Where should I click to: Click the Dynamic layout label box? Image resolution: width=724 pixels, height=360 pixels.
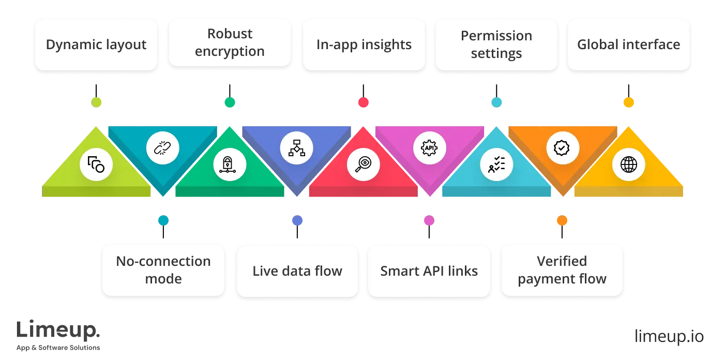pyautogui.click(x=96, y=44)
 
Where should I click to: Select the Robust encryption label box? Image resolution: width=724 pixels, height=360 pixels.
pyautogui.click(x=230, y=42)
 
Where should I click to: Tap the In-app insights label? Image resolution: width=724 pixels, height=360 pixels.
pyautogui.click(x=364, y=44)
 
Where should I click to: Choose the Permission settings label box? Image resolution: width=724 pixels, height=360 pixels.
pyautogui.click(x=496, y=44)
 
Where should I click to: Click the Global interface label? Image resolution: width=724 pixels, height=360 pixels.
pyautogui.click(x=628, y=44)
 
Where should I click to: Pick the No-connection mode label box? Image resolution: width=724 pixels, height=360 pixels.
pyautogui.click(x=163, y=270)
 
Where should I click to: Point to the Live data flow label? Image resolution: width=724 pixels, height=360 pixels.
pyautogui.click(x=297, y=271)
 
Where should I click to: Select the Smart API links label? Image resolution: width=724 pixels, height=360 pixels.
pyautogui.click(x=429, y=271)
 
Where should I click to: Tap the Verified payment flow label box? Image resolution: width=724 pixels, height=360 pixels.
pyautogui.click(x=562, y=270)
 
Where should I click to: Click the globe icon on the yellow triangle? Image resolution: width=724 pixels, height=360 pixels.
pyautogui.click(x=628, y=164)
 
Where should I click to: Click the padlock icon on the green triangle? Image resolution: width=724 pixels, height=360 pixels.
pyautogui.click(x=230, y=164)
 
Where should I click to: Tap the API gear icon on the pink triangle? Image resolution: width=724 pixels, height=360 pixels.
pyautogui.click(x=430, y=148)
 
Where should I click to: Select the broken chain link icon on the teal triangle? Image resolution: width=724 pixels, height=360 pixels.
pyautogui.click(x=163, y=148)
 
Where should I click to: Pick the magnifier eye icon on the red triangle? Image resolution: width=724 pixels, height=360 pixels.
pyautogui.click(x=364, y=164)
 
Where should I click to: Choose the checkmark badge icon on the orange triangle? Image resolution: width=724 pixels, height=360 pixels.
pyautogui.click(x=562, y=148)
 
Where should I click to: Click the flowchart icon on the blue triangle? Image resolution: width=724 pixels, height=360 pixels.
pyautogui.click(x=296, y=148)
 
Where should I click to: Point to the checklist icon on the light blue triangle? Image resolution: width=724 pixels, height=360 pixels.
pyautogui.click(x=496, y=164)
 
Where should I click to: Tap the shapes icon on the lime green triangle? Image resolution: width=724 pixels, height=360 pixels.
pyautogui.click(x=96, y=164)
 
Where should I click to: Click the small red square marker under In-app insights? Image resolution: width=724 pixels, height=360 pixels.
pyautogui.click(x=364, y=102)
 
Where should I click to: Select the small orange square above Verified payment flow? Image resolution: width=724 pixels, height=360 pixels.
pyautogui.click(x=562, y=221)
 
